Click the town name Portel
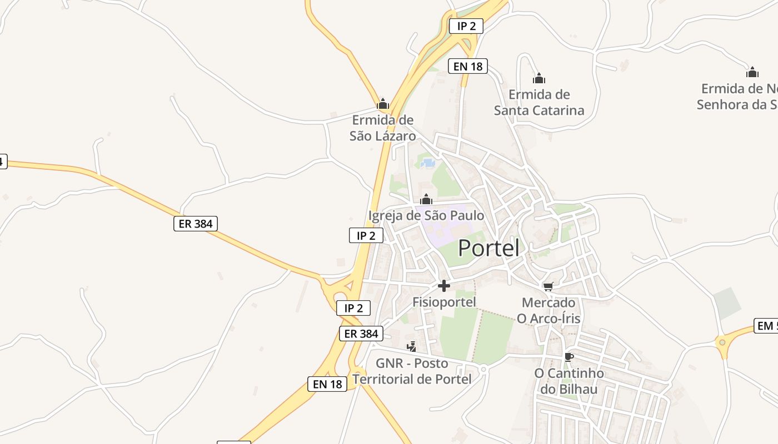pos(489,248)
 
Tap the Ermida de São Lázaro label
pos(382,128)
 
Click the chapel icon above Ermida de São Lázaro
pos(382,104)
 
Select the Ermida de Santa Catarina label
pos(539,103)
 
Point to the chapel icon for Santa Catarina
pos(538,78)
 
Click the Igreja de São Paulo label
pos(426,215)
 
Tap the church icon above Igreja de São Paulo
pos(426,199)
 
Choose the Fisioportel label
pos(444,302)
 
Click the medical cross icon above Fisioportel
pos(444,286)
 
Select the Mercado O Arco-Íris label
pos(548,310)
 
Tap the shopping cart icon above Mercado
pos(548,286)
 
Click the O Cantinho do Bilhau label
pos(569,381)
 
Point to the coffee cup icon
pos(568,356)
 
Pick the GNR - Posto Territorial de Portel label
pos(412,371)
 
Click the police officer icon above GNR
pos(412,347)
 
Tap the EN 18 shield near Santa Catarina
pos(468,67)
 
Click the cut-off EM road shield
pos(766,326)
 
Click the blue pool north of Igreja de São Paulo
pos(428,163)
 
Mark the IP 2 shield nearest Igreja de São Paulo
pos(366,235)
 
